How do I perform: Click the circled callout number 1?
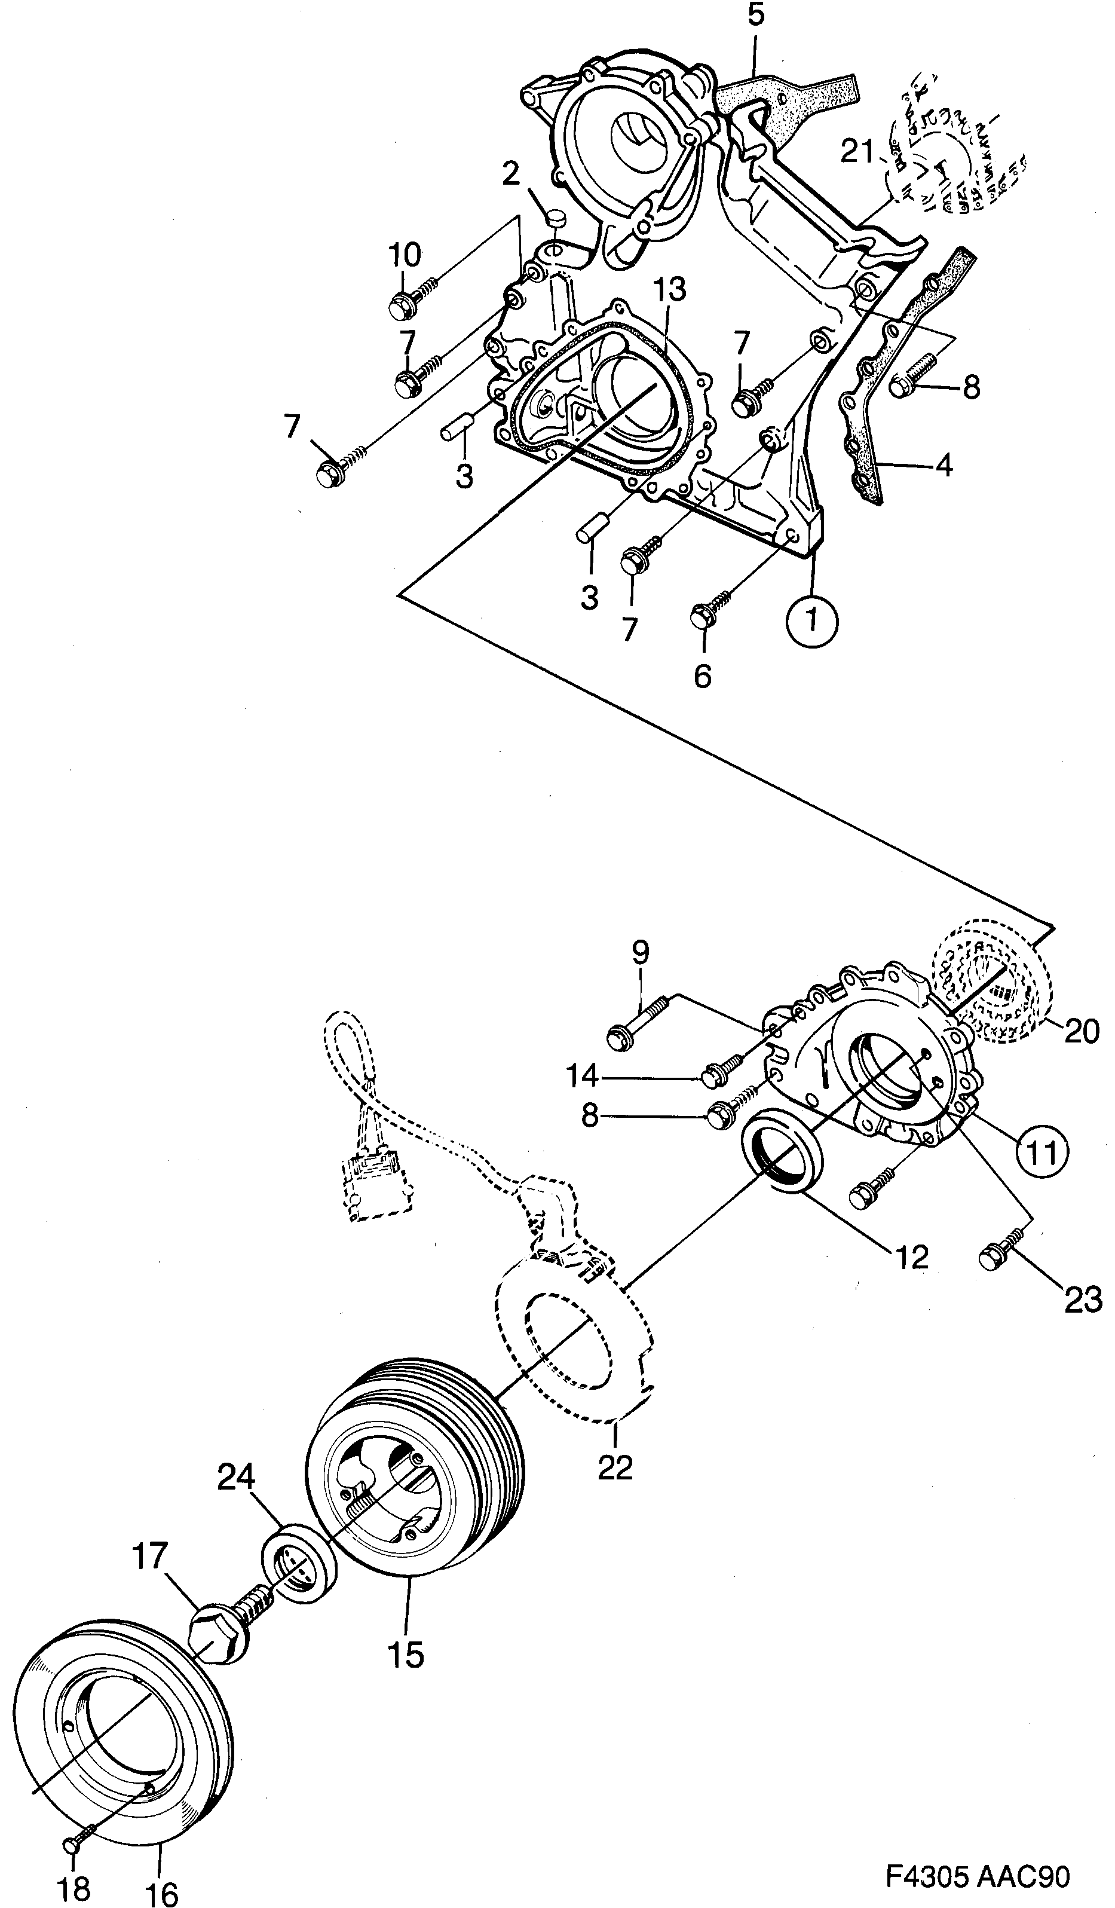coord(811,621)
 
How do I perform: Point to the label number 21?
coord(859,153)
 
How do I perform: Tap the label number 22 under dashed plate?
coord(615,1467)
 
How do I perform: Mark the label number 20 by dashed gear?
coord(1081,1031)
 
